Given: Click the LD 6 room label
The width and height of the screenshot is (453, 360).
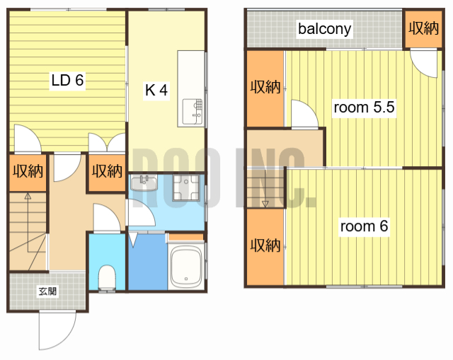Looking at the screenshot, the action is click(68, 80).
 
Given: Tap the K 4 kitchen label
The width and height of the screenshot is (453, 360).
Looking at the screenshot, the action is click(156, 90).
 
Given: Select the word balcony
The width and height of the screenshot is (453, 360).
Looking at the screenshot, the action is click(324, 29).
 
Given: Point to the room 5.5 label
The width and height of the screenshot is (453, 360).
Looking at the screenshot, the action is click(364, 107).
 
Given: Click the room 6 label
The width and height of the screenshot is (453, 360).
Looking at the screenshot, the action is click(364, 226).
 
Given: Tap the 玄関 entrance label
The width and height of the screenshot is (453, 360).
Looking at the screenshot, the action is click(47, 291).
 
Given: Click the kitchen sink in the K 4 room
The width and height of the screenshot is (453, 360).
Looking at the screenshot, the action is click(192, 112).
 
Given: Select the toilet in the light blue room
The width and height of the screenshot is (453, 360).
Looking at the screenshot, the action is click(107, 277).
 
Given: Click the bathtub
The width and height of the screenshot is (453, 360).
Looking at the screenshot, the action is click(186, 266).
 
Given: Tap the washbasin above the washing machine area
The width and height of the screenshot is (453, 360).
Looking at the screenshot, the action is click(144, 182).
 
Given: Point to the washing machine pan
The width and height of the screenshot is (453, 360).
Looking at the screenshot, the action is click(186, 187).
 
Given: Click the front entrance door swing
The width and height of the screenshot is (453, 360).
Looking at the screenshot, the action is click(57, 330).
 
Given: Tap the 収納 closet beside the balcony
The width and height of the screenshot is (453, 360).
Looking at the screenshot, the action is click(423, 28).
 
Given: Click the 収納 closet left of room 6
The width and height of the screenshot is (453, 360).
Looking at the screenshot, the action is click(265, 247).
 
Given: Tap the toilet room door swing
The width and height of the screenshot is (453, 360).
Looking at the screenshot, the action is click(107, 218).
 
